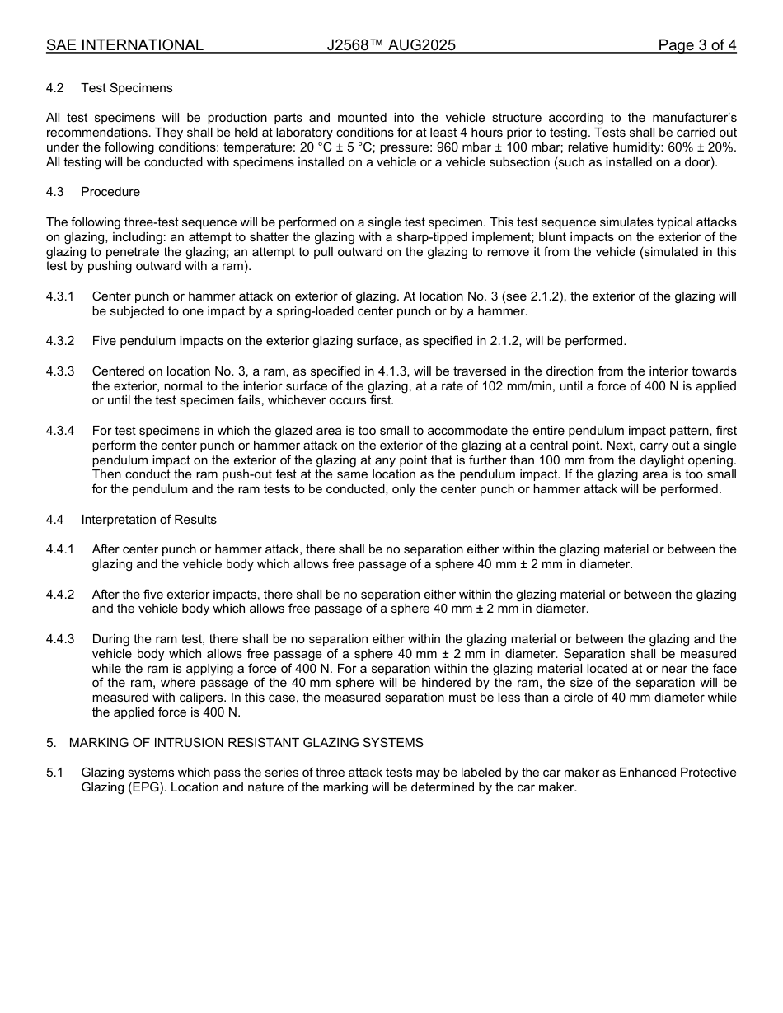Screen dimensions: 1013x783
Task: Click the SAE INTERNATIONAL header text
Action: pos(124,45)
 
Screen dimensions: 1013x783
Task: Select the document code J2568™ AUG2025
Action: pos(391,45)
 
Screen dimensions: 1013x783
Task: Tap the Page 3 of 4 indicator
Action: pos(696,45)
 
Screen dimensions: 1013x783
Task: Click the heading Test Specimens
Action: pos(127,88)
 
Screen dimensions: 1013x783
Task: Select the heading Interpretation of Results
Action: pos(149,520)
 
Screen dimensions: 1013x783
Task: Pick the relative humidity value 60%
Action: pos(682,147)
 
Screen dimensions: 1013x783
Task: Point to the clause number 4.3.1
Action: pos(60,296)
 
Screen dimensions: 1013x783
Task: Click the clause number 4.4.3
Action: pos(60,639)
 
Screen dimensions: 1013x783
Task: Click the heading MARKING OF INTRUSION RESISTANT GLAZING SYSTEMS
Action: pos(246,743)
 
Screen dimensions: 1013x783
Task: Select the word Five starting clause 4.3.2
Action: pos(105,341)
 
